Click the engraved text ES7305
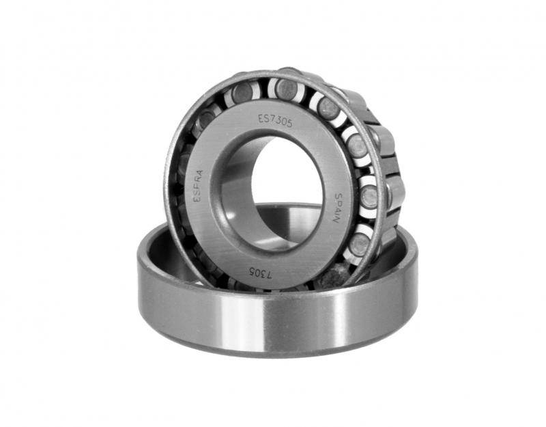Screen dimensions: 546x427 [275, 121]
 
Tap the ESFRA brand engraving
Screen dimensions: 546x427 [198, 186]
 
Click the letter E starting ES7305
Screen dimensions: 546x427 [261, 118]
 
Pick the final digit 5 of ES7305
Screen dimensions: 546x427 [289, 124]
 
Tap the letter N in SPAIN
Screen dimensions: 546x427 [336, 220]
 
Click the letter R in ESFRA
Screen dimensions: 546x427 [199, 179]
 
